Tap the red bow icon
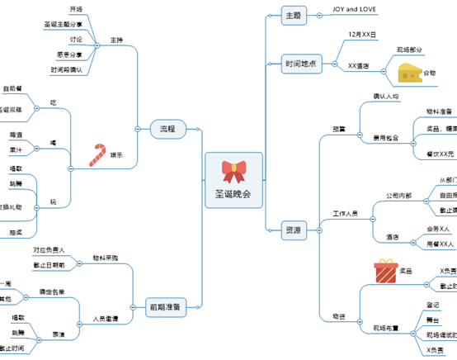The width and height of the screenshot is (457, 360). tap(233, 171)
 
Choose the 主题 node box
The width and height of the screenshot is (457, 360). tap(292, 15)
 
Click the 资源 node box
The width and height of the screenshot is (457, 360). tap(292, 229)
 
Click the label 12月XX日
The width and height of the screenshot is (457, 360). tap(362, 36)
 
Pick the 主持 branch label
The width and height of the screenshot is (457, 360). tap(116, 40)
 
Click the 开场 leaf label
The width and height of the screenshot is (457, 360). tap(76, 9)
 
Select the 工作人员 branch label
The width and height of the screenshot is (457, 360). tap(345, 214)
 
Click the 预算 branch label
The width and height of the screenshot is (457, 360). tap(339, 129)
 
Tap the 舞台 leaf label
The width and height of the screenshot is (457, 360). tap(432, 320)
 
